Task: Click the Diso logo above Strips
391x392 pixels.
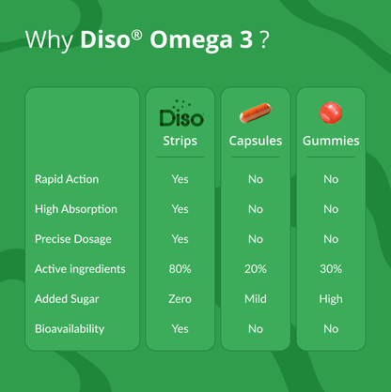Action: click(180, 114)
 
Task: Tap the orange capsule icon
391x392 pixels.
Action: click(255, 113)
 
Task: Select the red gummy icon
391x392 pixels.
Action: click(330, 113)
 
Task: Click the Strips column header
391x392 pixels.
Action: click(180, 141)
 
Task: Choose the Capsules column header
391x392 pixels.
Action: click(255, 141)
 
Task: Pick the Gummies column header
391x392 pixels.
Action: click(330, 141)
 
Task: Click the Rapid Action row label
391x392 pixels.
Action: click(67, 179)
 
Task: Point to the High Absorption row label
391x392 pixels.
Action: click(75, 209)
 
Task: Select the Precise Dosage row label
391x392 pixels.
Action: click(73, 239)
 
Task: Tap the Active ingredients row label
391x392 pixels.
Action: click(80, 269)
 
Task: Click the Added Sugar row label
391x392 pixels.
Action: click(66, 299)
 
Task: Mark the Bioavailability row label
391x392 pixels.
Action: click(70, 329)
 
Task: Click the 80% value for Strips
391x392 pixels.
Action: click(180, 269)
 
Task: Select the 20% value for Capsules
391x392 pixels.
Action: click(255, 269)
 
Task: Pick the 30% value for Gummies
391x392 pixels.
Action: click(330, 269)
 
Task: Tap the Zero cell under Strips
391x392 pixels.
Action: click(180, 299)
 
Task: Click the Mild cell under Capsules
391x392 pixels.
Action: click(255, 299)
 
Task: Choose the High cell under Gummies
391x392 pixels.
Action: click(330, 299)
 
